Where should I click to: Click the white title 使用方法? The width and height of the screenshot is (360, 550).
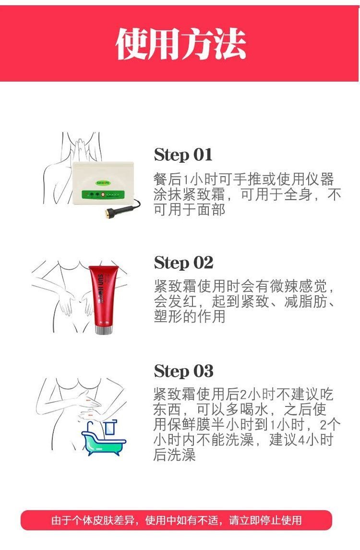[180, 44]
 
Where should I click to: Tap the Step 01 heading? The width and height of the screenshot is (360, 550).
[183, 155]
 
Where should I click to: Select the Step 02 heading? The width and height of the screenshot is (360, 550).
[183, 263]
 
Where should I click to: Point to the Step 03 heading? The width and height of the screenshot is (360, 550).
[183, 371]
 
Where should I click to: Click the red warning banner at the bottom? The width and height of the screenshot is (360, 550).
[176, 520]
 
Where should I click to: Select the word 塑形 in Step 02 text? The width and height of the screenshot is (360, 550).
[168, 316]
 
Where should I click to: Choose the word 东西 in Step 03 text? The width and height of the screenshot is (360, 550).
[168, 409]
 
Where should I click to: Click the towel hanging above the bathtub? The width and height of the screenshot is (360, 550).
[111, 427]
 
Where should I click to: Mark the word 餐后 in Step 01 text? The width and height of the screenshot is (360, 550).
[168, 179]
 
